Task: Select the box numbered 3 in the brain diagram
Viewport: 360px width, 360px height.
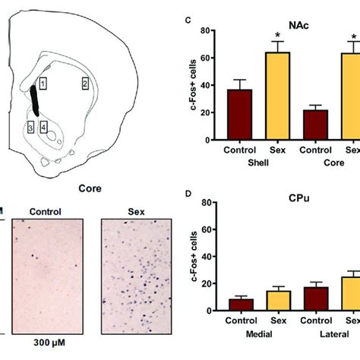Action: [x=31, y=127]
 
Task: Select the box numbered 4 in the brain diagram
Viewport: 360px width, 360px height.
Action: [x=44, y=127]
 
